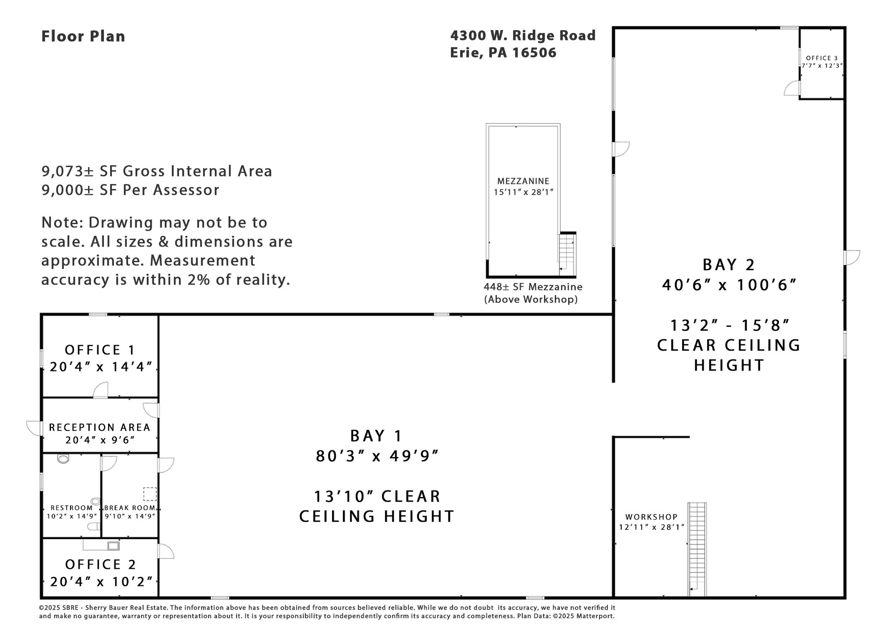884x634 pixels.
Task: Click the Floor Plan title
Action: pyautogui.click(x=83, y=36)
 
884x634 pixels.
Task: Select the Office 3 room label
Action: pyautogui.click(x=822, y=58)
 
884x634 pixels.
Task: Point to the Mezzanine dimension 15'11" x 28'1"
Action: pyautogui.click(x=523, y=192)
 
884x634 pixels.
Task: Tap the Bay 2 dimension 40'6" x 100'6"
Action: pyautogui.click(x=729, y=285)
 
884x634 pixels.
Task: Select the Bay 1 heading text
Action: pyautogui.click(x=376, y=436)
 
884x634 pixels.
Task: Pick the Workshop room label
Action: pyautogui.click(x=651, y=517)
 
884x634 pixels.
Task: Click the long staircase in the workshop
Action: pyautogui.click(x=697, y=550)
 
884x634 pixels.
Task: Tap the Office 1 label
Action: pyautogui.click(x=100, y=350)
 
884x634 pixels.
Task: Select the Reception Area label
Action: pyautogui.click(x=100, y=427)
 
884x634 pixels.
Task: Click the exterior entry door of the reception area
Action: pyautogui.click(x=34, y=429)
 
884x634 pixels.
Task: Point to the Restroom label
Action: pyautogui.click(x=72, y=508)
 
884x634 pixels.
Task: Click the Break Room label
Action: pyautogui.click(x=130, y=508)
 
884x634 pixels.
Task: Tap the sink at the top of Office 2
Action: pyautogui.click(x=113, y=546)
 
